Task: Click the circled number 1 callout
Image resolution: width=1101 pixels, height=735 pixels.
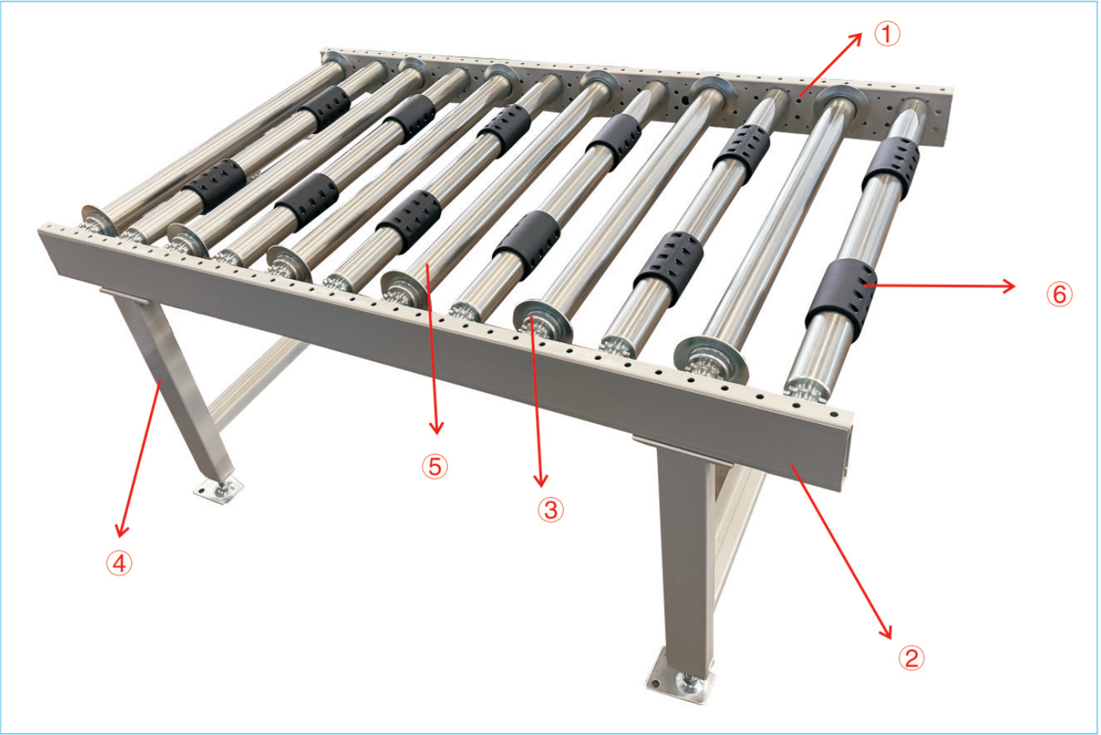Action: click(887, 34)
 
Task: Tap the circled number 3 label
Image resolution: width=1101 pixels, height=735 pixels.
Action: click(550, 510)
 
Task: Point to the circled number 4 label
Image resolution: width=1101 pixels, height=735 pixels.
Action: click(120, 563)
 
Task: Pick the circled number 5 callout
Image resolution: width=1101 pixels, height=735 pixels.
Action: click(435, 466)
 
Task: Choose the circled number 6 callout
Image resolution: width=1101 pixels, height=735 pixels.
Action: click(1059, 295)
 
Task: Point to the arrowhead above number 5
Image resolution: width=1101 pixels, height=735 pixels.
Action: click(436, 428)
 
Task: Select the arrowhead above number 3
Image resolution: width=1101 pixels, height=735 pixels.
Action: click(540, 481)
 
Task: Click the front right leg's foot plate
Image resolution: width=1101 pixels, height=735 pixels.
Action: click(680, 680)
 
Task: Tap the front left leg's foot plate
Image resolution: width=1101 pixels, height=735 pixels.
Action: click(219, 489)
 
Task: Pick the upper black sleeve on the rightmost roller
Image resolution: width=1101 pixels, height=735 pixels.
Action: click(891, 168)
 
